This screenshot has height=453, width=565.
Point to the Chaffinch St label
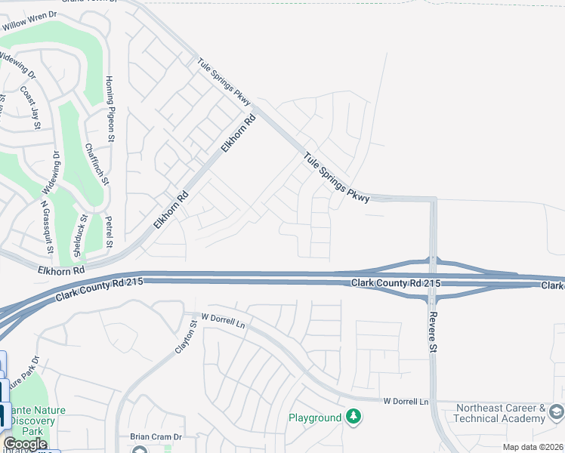click(97, 165)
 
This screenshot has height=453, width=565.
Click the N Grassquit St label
click(47, 225)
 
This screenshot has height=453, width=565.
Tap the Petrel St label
click(110, 232)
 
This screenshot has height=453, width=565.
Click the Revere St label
click(433, 332)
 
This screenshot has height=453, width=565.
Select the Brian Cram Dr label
click(156, 436)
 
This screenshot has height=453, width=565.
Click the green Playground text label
click(315, 418)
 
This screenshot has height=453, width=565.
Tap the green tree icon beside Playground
click(353, 416)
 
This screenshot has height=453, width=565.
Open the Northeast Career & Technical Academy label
click(499, 413)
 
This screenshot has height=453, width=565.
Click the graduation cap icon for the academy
click(557, 411)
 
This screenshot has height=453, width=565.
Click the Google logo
click(25, 444)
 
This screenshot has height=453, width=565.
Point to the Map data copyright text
click(533, 447)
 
